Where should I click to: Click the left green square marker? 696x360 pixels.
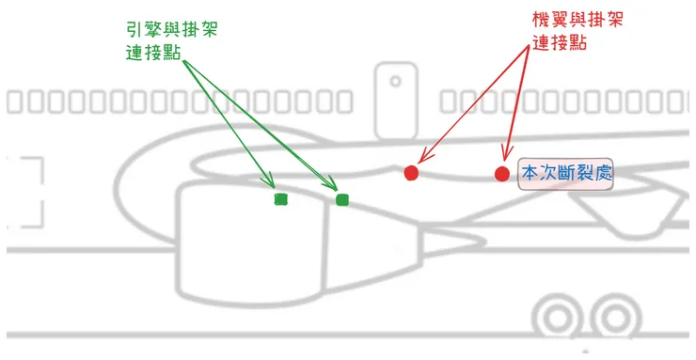point(280,199)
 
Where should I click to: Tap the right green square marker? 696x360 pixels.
point(342,198)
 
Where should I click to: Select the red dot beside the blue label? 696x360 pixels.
point(502,174)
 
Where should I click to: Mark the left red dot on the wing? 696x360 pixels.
point(411,173)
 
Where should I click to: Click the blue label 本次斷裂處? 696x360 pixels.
point(566,174)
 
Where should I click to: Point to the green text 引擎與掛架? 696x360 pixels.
point(168,29)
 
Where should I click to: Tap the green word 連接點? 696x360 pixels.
point(151,53)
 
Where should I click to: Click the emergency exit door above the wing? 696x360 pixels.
point(394,100)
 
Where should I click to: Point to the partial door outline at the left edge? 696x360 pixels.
point(30,193)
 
